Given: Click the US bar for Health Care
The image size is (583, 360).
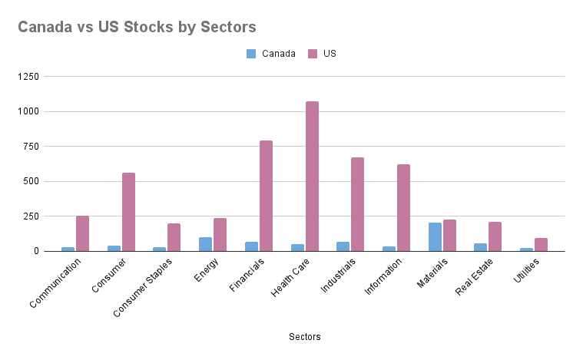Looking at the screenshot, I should [x=312, y=176].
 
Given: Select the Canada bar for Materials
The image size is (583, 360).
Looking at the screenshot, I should [x=435, y=236].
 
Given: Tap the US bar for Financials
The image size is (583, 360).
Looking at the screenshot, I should [x=266, y=196].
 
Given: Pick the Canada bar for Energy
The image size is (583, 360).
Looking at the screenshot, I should [x=205, y=244].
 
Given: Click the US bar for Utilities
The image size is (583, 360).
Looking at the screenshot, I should [x=541, y=244].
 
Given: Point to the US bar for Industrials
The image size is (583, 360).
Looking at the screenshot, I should [x=357, y=204].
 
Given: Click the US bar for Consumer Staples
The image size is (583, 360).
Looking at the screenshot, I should [x=174, y=237].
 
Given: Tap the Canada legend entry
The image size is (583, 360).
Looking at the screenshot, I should [x=271, y=54].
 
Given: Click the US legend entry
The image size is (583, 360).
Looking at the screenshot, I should [x=322, y=54].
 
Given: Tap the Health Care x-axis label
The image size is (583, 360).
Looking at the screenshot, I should [x=288, y=279].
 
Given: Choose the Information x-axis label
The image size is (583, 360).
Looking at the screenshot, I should [x=379, y=279].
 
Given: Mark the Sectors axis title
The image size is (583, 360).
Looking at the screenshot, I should [x=304, y=337].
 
